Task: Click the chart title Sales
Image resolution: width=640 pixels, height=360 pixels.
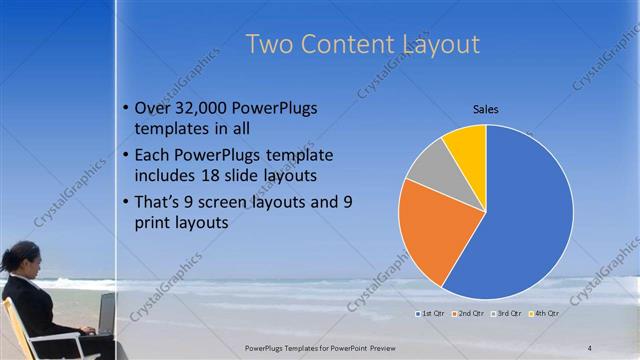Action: [x=485, y=109]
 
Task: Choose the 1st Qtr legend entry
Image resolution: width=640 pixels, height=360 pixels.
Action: [x=432, y=314]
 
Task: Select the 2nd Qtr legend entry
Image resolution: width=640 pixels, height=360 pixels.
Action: [x=469, y=314]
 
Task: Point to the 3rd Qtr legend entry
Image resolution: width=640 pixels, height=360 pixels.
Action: [x=507, y=314]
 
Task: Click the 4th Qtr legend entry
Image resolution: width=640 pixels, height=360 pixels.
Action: [x=544, y=314]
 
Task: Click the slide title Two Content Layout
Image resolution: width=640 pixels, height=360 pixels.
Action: [x=362, y=45]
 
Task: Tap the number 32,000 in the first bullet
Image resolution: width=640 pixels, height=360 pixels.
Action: [x=207, y=108]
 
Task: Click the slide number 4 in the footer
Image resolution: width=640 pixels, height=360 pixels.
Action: [x=590, y=347]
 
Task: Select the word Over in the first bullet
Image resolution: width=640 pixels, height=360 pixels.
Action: [x=152, y=108]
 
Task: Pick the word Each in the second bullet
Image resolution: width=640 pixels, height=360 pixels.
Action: [x=152, y=155]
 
